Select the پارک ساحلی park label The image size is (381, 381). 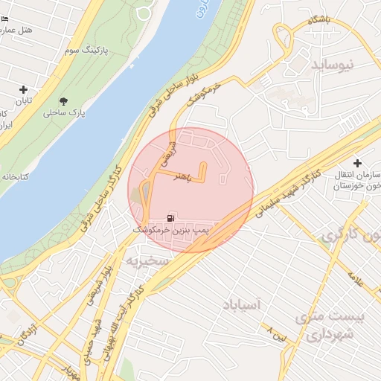click(65, 114)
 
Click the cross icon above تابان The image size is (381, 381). click(23, 89)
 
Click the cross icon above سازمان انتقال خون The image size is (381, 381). click(357, 163)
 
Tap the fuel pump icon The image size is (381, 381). click(172, 218)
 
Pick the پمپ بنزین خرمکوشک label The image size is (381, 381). click(172, 232)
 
